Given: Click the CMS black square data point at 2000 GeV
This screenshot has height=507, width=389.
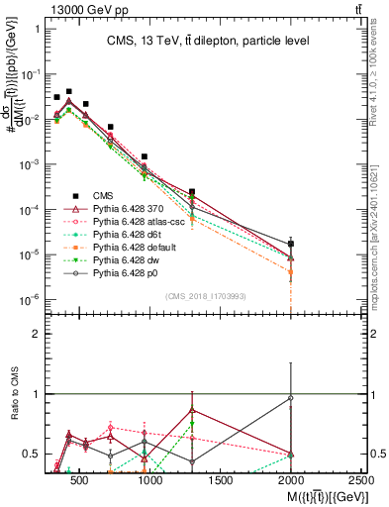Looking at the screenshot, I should click(290, 244).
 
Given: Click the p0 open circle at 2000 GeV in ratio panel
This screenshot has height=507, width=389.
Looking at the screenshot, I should click(290, 398).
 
